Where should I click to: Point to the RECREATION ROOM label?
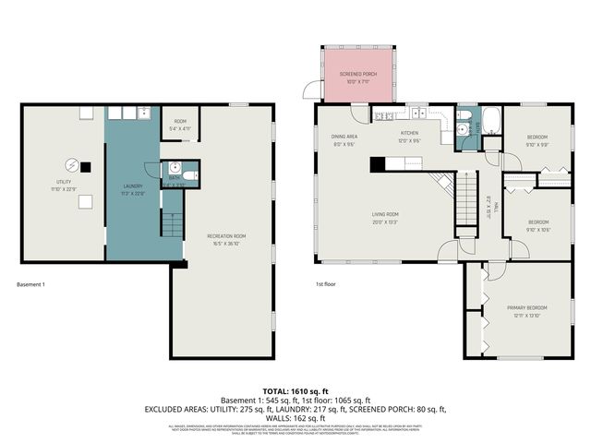point(226,239)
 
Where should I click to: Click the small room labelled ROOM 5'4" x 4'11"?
point(180,125)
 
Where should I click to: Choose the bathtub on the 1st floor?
point(489,121)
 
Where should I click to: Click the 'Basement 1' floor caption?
point(31,284)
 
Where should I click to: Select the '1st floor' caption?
point(324,284)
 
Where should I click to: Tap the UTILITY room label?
point(63,185)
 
